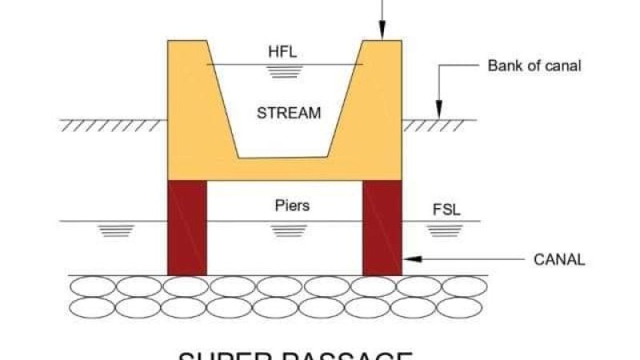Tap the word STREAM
(x=288, y=113)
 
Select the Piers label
(x=288, y=206)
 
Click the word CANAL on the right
(x=559, y=260)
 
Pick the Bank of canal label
(x=534, y=66)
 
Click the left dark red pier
(x=186, y=228)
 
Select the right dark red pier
(x=382, y=228)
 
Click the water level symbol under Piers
(x=284, y=230)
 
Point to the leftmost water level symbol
(x=116, y=230)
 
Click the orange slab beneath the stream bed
(x=284, y=169)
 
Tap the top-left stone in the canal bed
(x=93, y=286)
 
